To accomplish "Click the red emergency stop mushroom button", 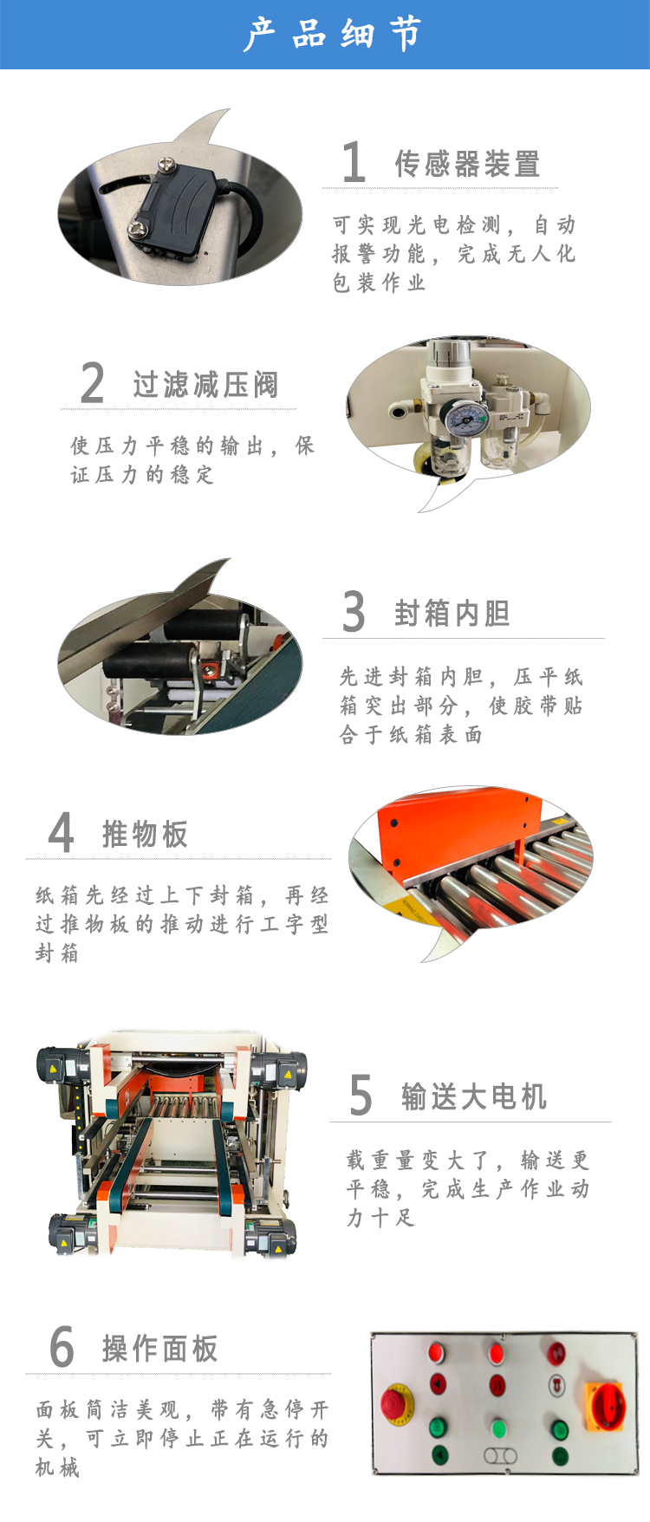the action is point(398,1404).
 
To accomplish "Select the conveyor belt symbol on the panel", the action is point(499,1456).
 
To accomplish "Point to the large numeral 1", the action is point(354,162).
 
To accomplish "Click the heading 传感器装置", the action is point(468,164).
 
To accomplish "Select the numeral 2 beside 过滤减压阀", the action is point(93,383).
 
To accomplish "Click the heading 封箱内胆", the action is point(452,614).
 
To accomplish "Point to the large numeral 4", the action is point(61,833).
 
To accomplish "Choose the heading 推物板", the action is point(145,834).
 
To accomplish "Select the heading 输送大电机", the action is point(474,1097).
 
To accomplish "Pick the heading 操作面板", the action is point(160,1349).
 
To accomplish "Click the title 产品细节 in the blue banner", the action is point(333,35).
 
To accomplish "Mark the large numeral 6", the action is point(62,1347).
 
